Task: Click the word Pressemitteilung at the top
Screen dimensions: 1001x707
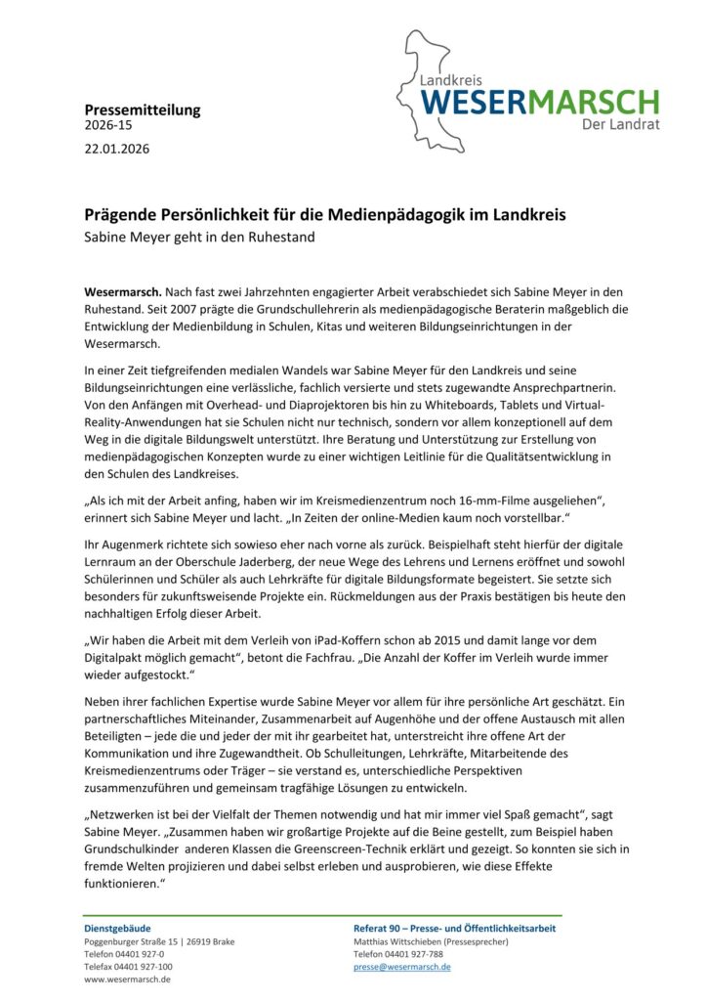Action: [x=142, y=109]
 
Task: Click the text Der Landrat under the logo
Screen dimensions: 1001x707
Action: [x=620, y=125]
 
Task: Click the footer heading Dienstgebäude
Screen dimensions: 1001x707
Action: [x=117, y=928]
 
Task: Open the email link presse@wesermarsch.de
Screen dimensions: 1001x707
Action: [x=401, y=966]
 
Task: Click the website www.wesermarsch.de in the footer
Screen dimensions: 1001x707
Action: [x=130, y=979]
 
